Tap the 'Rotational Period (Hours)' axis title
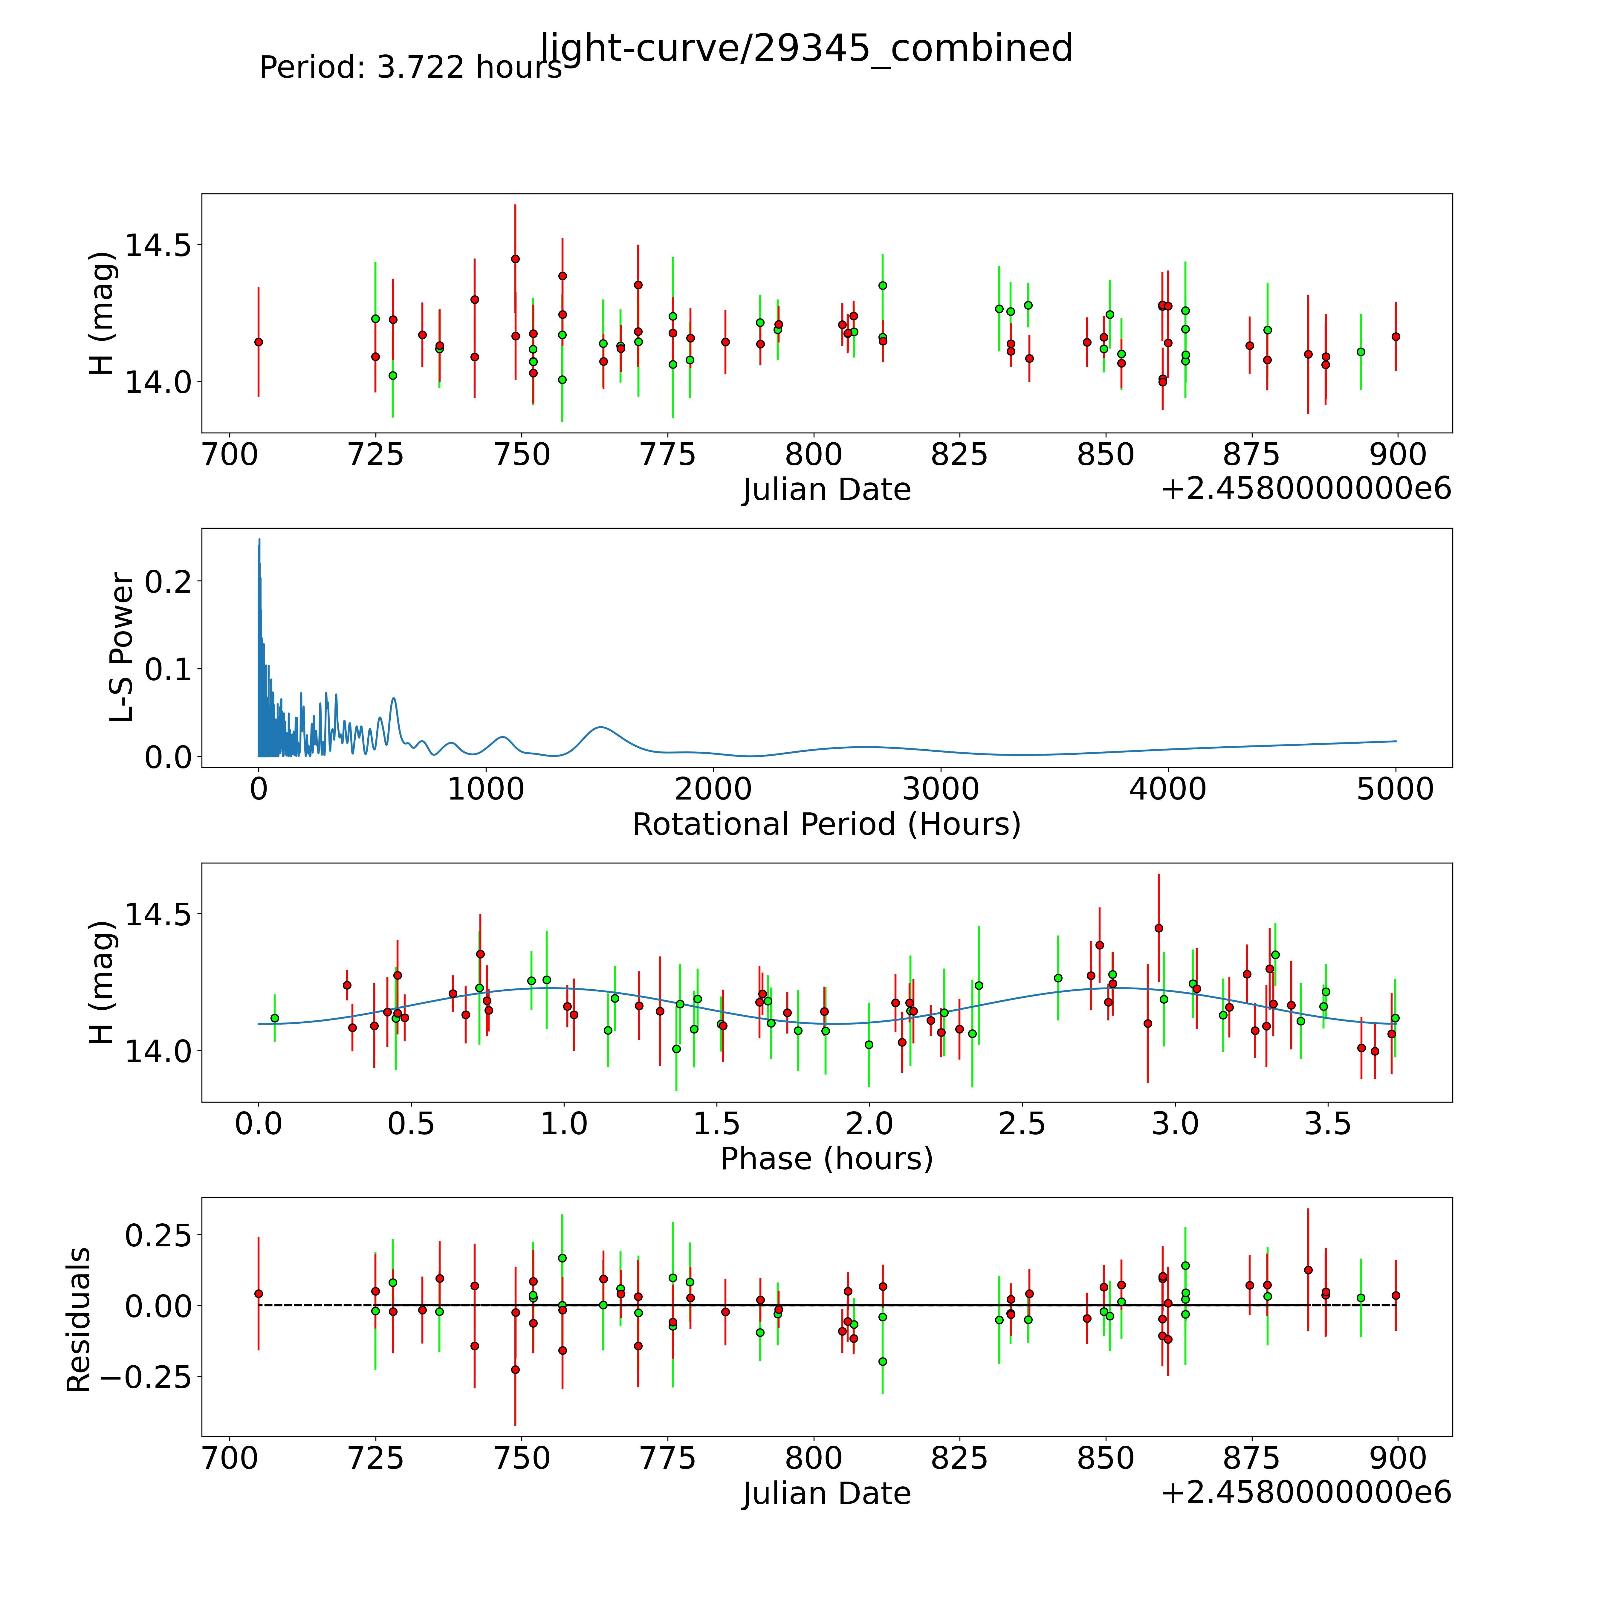click(x=826, y=825)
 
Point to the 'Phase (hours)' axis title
click(x=826, y=1159)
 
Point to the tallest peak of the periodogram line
click(x=259, y=540)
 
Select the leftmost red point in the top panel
click(x=258, y=342)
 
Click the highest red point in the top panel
click(x=516, y=259)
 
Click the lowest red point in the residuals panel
click(x=516, y=1369)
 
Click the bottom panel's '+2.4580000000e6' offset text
click(x=1306, y=1492)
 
